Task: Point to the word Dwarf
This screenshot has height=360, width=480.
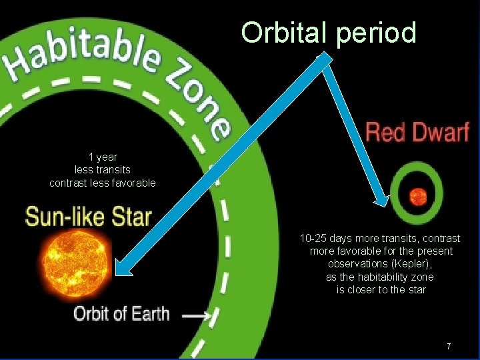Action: [441, 131]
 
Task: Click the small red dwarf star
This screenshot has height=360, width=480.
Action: [418, 196]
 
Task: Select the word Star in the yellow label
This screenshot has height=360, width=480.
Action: [132, 216]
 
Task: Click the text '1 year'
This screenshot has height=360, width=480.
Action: [103, 157]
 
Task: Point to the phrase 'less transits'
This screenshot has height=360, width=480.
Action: [103, 170]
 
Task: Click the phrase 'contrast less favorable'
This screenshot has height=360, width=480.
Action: [103, 183]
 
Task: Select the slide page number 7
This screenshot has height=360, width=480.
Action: [449, 346]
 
